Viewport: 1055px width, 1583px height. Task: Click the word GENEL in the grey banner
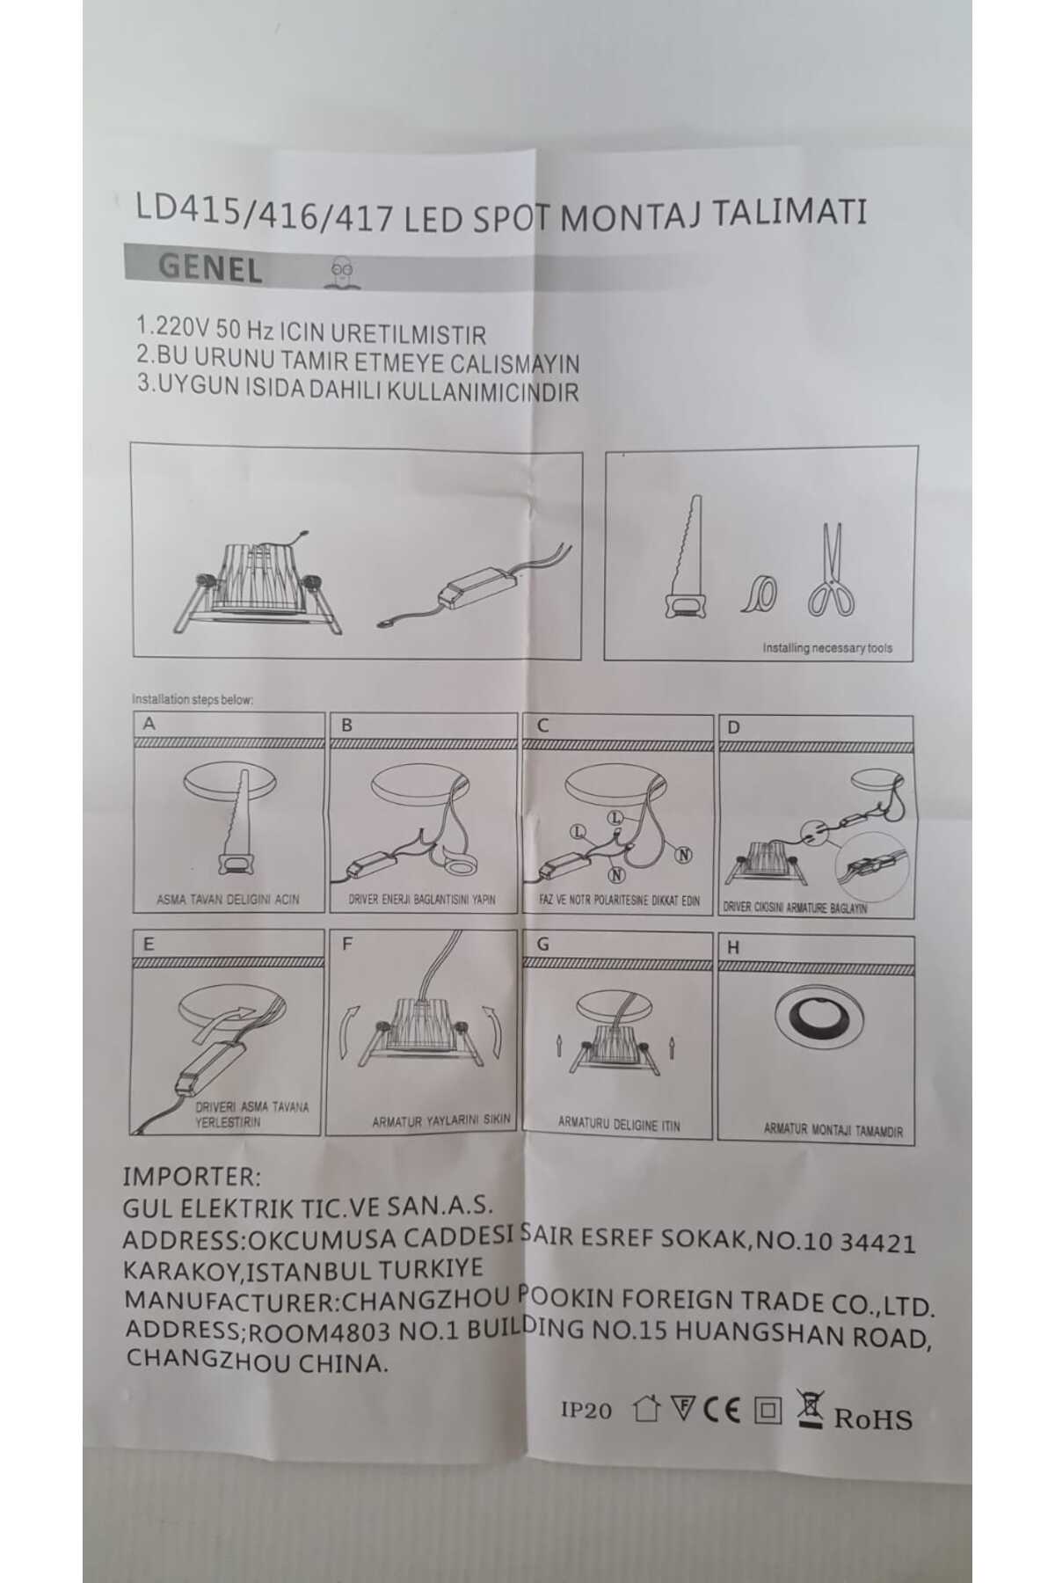coord(209,269)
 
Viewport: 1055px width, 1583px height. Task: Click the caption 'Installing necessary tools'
coord(826,648)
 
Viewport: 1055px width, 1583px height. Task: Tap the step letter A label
coord(149,724)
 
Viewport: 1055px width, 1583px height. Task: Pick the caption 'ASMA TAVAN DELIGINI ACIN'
coord(228,899)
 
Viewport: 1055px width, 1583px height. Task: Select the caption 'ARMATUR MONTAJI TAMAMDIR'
coord(833,1131)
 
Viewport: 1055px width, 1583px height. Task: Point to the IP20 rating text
coord(586,1410)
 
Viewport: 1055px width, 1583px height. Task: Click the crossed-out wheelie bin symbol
coord(810,1408)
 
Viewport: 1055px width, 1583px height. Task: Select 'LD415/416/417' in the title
coord(265,213)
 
